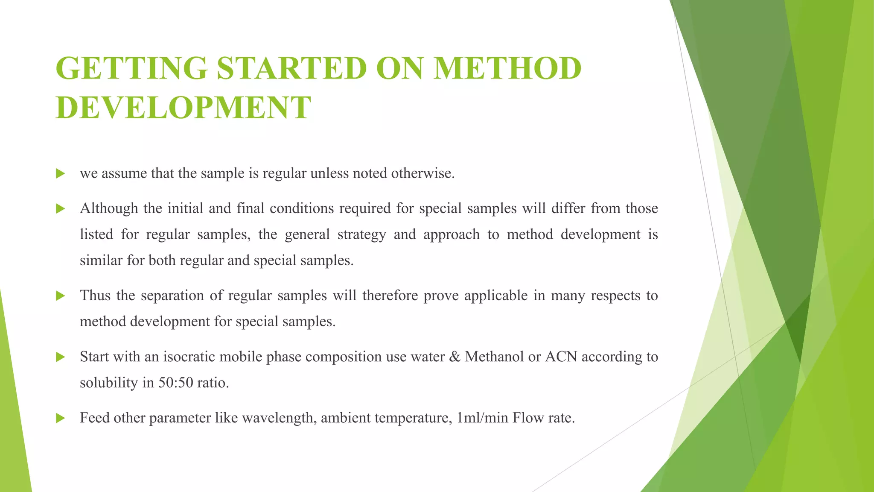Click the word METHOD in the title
click(x=507, y=68)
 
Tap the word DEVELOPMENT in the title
click(x=183, y=107)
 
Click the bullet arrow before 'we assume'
click(x=60, y=174)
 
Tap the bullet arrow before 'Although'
click(x=60, y=209)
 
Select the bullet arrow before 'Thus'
click(x=60, y=296)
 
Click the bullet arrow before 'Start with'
click(x=60, y=357)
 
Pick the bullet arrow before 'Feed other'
click(x=60, y=418)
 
